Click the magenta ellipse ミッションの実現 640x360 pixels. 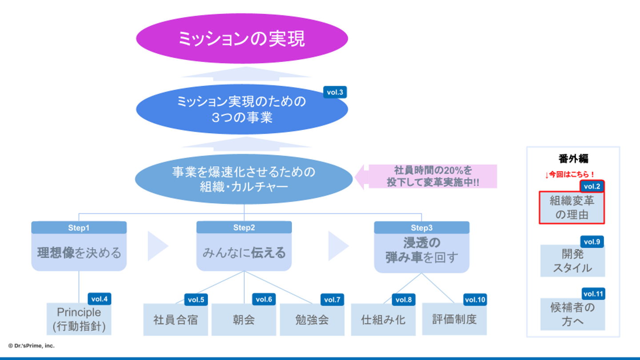tap(242, 39)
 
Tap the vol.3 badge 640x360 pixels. tap(335, 92)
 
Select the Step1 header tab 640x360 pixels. tap(79, 228)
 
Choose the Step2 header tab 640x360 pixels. tap(244, 228)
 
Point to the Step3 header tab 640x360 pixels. tap(421, 228)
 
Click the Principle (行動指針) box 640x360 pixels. tap(79, 320)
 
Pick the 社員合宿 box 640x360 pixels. tap(176, 320)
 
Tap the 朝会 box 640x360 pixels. tap(244, 320)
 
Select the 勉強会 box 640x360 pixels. tap(312, 320)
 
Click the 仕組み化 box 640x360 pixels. tap(383, 320)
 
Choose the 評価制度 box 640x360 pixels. tap(454, 320)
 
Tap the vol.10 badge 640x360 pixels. tap(475, 300)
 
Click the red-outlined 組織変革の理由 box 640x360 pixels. tap(572, 208)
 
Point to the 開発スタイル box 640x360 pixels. tap(572, 261)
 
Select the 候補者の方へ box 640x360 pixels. tap(572, 314)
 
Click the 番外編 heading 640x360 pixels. tap(573, 159)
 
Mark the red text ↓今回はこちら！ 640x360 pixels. tap(569, 175)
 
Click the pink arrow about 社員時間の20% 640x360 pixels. tap(427, 176)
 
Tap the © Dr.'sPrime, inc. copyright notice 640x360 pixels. tap(31, 345)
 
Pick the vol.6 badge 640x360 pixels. tap(264, 300)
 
